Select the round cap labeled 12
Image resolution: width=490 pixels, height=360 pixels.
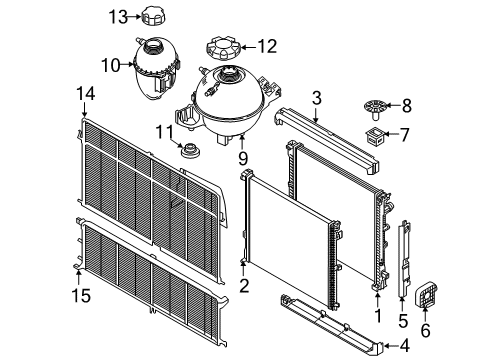[221, 47]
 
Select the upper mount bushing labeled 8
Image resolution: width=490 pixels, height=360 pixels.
[376, 104]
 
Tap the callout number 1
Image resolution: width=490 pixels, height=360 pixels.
[377, 312]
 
